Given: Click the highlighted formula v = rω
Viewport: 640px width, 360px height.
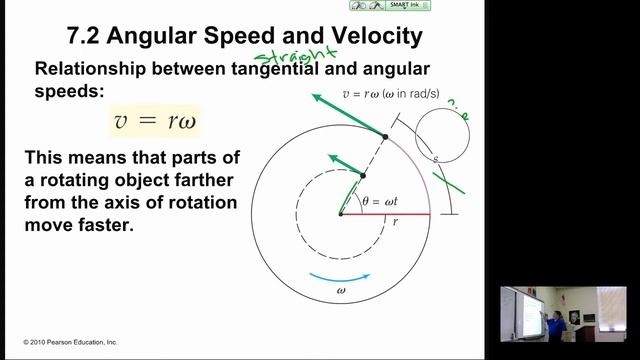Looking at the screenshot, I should coord(162,122).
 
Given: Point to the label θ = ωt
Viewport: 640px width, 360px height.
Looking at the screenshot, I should coord(377,200).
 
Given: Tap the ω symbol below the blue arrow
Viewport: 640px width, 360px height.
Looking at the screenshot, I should coord(341,292).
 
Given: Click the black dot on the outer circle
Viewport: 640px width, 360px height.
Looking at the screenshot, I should coord(385,136).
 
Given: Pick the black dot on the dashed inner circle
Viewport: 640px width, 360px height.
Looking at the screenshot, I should coord(363,175).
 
